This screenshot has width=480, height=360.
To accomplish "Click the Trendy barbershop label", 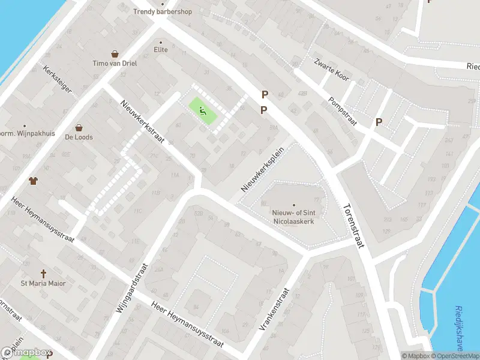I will click(162, 11).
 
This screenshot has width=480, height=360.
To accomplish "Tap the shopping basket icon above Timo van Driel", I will click(114, 54).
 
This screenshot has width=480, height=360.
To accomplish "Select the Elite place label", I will click(160, 49).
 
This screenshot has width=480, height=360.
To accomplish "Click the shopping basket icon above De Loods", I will click(79, 127).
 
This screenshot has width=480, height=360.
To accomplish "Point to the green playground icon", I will click(203, 110).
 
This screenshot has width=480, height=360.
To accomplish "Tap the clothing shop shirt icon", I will click(33, 180).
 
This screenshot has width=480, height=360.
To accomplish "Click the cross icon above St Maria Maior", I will click(43, 273).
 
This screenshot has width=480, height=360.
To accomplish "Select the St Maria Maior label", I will click(43, 283).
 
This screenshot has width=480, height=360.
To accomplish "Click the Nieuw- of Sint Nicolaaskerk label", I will click(294, 216).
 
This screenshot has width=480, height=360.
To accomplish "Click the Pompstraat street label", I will click(343, 112).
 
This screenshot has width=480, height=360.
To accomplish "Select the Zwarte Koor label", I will click(331, 71).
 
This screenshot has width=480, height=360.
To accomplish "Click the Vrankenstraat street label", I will click(273, 310).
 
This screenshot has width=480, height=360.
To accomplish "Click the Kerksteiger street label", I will click(58, 79).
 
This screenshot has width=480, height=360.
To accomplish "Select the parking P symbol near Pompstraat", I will click(379, 122).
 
